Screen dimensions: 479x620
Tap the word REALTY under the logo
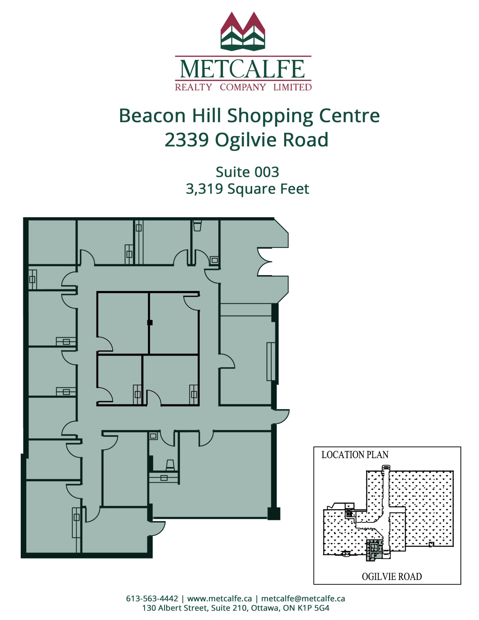(x=193, y=87)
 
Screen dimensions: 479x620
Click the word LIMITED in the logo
(x=293, y=87)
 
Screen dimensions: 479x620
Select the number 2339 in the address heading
(x=186, y=140)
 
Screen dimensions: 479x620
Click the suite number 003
(x=267, y=172)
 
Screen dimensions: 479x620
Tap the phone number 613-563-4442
(x=152, y=598)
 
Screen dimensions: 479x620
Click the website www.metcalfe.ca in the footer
(x=219, y=598)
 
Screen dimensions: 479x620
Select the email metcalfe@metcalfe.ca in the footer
(x=303, y=598)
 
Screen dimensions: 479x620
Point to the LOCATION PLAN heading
(x=355, y=455)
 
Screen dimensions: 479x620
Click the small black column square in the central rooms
(x=150, y=323)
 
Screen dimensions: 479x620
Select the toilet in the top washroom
(x=197, y=226)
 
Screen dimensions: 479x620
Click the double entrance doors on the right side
(x=265, y=262)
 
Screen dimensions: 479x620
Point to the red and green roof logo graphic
(x=243, y=31)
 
